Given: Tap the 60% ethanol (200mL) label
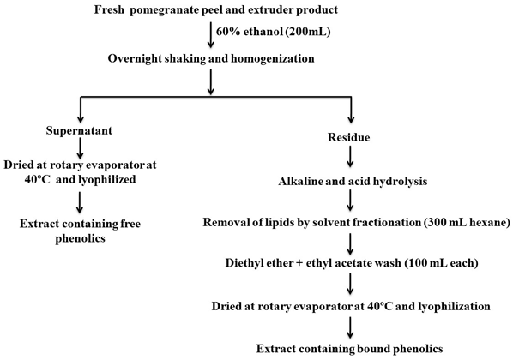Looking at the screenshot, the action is pos(273,33).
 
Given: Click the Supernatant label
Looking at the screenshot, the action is pos(79,130).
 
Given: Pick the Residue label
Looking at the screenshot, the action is pos(349,137).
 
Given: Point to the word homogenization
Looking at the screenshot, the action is pos(273,59).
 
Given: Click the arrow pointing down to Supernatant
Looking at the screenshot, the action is pos(81,110).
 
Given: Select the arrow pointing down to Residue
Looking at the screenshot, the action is pos(351,110).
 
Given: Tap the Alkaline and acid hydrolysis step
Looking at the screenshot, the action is pos(353,181).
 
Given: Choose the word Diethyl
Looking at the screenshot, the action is pos(241,263).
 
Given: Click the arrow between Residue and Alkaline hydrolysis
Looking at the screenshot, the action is pos(350,157).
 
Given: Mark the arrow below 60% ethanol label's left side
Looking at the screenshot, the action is pos(211,35).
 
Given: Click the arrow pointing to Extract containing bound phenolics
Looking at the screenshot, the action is pos(350,327).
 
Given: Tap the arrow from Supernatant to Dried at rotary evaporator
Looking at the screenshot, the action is pos(80,147).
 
